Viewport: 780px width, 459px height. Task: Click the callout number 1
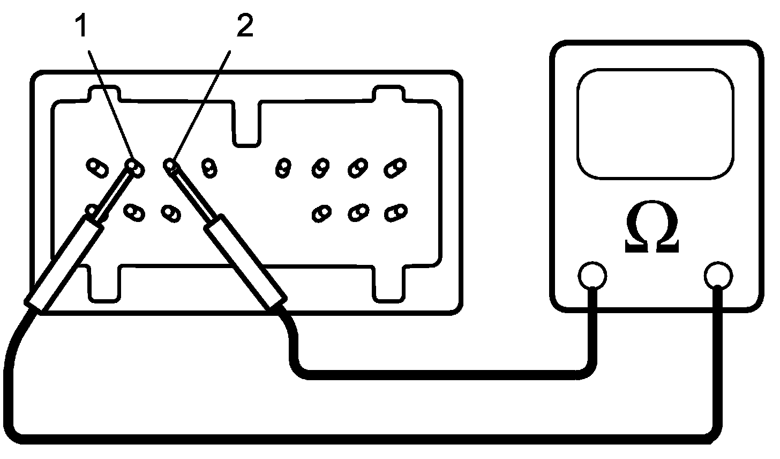(x=82, y=27)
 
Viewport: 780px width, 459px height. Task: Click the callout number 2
(x=244, y=27)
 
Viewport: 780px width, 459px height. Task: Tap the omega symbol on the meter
(x=652, y=230)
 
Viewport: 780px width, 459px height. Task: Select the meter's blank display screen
(x=655, y=124)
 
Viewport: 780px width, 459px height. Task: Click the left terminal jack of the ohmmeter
(x=592, y=276)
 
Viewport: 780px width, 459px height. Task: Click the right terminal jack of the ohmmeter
(x=718, y=276)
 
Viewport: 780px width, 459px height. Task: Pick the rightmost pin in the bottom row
(x=395, y=212)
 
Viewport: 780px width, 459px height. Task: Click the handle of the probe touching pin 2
(x=245, y=262)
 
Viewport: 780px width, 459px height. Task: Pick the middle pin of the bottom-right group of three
(x=357, y=213)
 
